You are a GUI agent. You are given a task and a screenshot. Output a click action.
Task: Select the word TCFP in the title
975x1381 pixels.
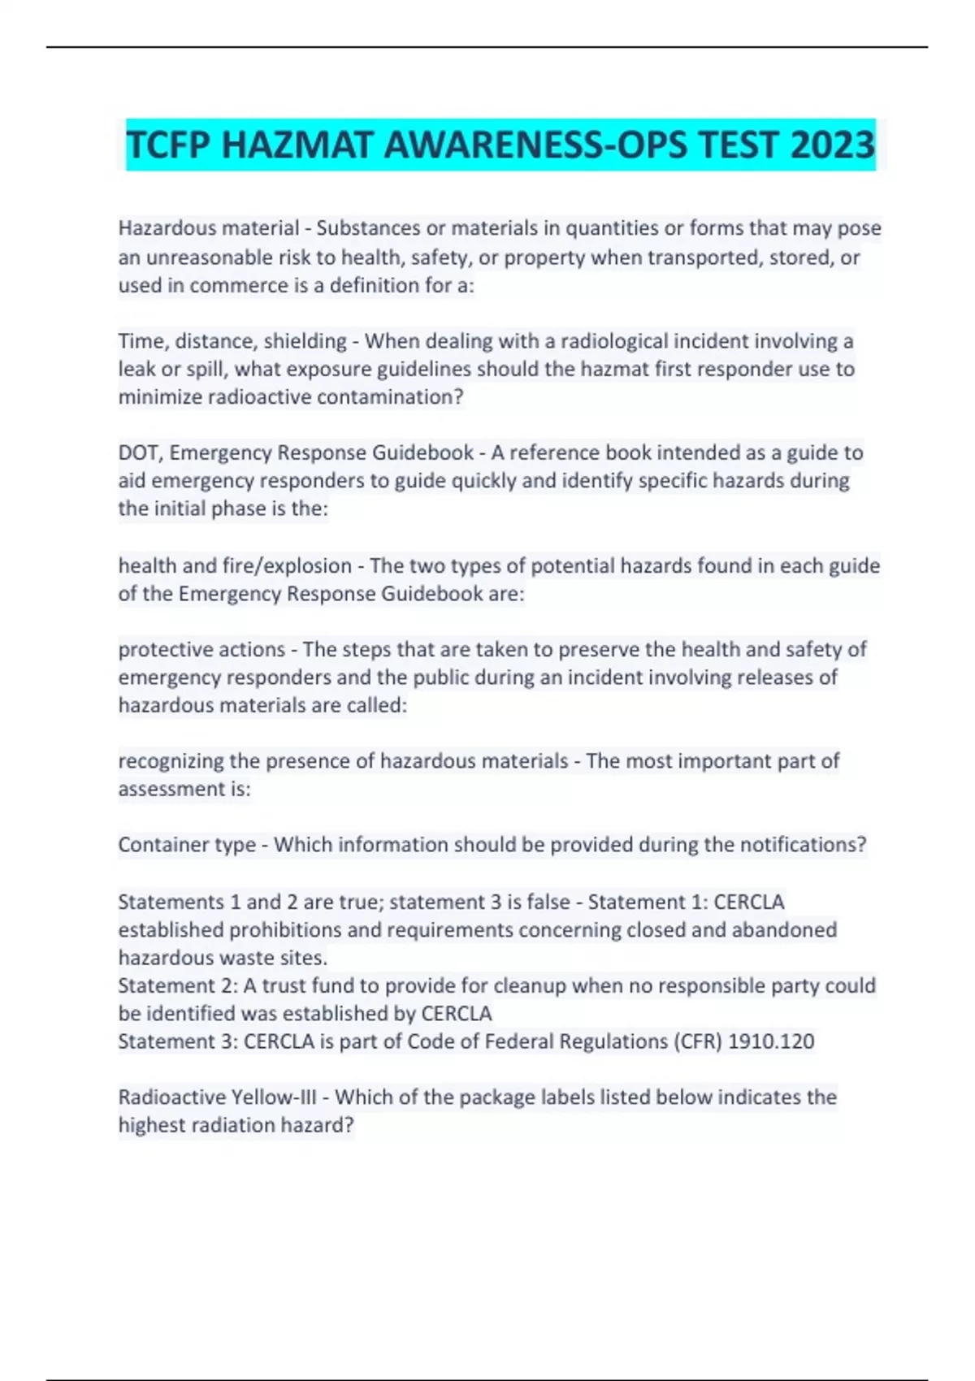(168, 145)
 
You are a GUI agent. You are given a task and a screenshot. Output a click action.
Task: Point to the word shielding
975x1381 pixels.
(305, 341)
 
